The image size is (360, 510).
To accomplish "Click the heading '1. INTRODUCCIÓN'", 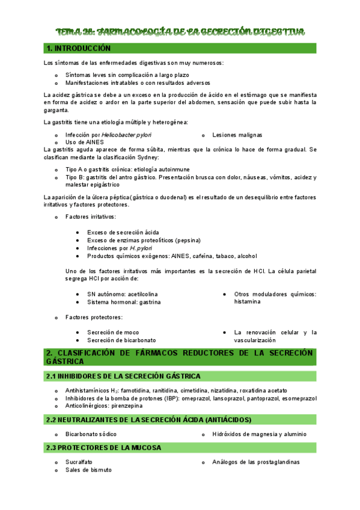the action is click(x=78, y=48).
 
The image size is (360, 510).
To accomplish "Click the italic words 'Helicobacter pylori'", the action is click(x=126, y=135).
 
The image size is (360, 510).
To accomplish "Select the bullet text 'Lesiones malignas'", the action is click(x=237, y=135).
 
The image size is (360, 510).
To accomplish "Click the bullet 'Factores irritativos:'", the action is click(x=91, y=217).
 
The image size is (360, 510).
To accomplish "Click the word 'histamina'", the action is click(x=248, y=302).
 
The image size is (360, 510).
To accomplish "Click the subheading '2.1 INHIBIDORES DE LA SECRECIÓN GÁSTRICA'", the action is click(x=123, y=376).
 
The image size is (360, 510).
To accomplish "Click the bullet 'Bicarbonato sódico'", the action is click(x=91, y=434).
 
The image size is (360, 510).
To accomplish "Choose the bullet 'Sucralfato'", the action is click(x=79, y=462).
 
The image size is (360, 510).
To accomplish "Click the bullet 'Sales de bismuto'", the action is click(x=88, y=470).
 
